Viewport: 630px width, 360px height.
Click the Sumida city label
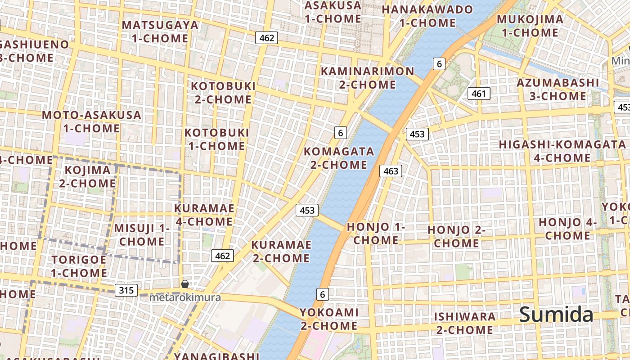[556, 315]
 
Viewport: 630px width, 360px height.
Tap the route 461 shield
[479, 94]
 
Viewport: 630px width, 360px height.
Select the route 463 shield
[390, 171]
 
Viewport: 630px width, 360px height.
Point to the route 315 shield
[126, 290]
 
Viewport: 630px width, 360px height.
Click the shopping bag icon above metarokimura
[184, 284]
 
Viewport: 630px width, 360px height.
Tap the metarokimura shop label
[185, 297]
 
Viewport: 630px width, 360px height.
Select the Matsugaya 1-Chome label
[160, 31]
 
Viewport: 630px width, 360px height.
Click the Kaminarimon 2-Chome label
[367, 78]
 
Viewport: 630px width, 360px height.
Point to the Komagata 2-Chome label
[338, 158]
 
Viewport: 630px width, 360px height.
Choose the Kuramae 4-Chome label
[204, 215]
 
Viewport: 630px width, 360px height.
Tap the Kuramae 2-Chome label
[281, 252]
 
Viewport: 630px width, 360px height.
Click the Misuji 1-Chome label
[142, 234]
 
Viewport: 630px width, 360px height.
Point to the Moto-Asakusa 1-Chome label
[91, 121]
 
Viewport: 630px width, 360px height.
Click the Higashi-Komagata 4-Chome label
[562, 151]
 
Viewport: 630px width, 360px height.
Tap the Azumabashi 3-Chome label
[558, 90]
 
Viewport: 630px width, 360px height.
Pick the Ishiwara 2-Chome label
[464, 323]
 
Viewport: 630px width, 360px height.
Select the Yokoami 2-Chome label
[329, 319]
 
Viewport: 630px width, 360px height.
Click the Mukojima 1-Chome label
[530, 26]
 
